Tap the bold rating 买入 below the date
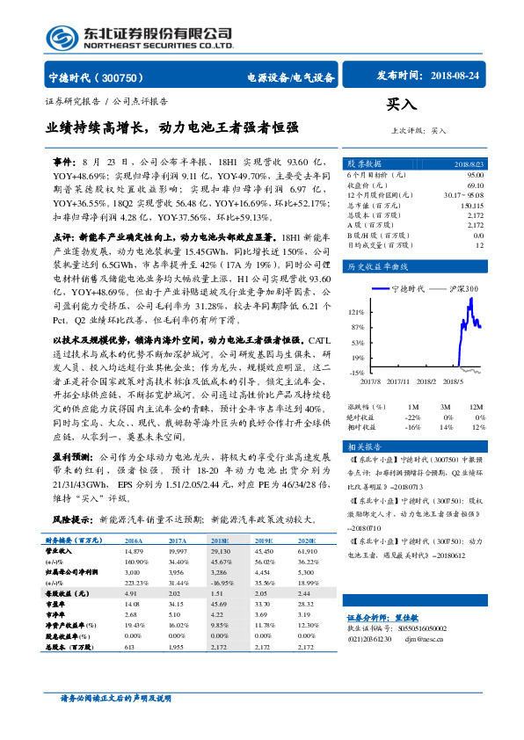click(401, 105)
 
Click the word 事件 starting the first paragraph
click(64, 163)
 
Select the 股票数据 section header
click(364, 163)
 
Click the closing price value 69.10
click(474, 185)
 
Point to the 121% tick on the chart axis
click(355, 312)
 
